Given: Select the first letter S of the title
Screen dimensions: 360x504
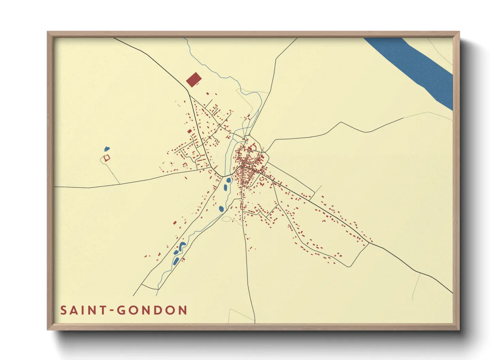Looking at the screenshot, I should click(x=64, y=310).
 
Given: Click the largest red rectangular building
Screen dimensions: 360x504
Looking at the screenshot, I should click(x=194, y=80).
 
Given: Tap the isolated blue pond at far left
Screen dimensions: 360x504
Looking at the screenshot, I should click(x=107, y=149).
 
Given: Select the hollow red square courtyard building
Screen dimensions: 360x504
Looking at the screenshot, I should click(x=106, y=158).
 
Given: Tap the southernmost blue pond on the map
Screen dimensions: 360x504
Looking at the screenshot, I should click(x=176, y=261).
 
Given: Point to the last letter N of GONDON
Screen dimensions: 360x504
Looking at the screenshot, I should click(x=183, y=310).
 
